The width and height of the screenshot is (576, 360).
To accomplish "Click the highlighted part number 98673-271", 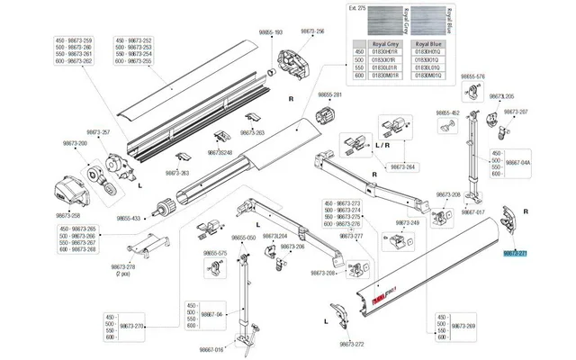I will tap(516, 255).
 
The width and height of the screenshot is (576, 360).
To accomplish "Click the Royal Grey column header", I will tap(379, 43).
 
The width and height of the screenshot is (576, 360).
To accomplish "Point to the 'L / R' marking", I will tap(382, 144).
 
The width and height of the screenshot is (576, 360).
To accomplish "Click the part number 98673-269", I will tap(463, 324).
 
